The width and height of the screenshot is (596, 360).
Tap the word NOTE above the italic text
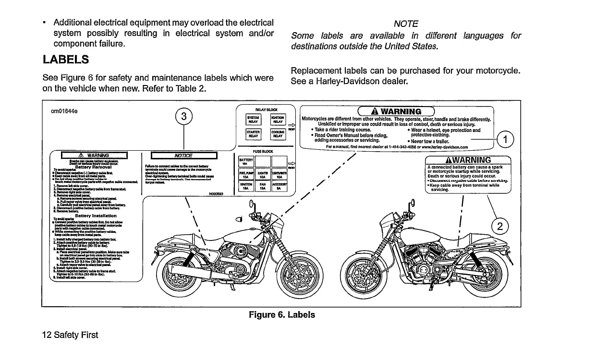[x=406, y=24]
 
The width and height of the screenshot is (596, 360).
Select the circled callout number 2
[x=501, y=227]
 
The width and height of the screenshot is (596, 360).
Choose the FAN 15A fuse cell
[x=262, y=187]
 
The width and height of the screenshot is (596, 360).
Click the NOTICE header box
[x=184, y=155]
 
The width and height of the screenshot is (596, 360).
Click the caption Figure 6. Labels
[x=282, y=315]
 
